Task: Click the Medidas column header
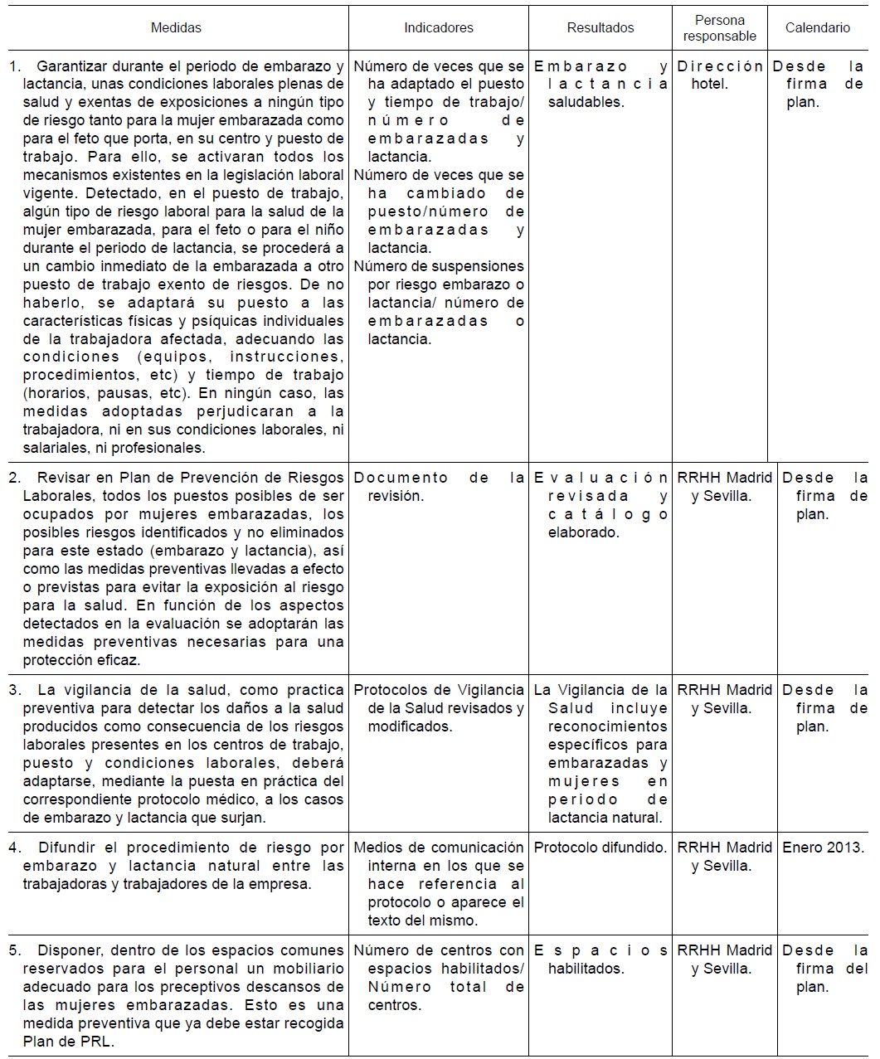176,28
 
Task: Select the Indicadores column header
439,28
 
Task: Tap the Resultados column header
600,28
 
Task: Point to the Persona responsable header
719,28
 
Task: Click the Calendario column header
818,28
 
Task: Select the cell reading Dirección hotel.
719,75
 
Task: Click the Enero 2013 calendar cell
823,848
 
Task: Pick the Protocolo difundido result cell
600,848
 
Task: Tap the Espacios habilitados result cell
600,959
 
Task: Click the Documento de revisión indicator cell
439,487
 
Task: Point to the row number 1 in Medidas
14,66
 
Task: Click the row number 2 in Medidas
14,478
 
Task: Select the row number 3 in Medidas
14,690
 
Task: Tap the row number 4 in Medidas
14,848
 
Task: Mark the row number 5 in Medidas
14,950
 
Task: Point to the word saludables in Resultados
586,103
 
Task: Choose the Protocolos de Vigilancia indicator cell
439,707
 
